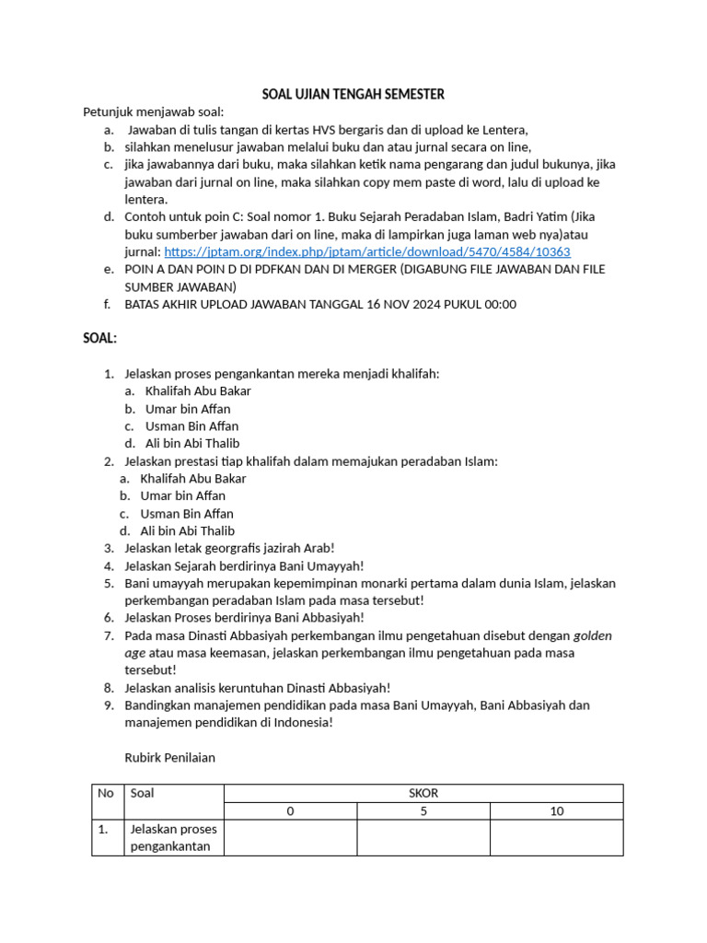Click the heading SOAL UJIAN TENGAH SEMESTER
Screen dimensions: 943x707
pos(353,94)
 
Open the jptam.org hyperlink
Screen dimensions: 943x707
pos(367,251)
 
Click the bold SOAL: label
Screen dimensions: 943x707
pos(99,338)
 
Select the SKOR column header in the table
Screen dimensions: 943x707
pos(423,793)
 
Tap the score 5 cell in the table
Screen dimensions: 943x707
pos(423,811)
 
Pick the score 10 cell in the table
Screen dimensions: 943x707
pos(556,811)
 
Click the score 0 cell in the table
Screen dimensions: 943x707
pos(291,811)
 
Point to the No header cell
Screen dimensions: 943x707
pos(107,793)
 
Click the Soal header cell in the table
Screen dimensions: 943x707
pos(143,793)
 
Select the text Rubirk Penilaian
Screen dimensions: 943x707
pos(169,757)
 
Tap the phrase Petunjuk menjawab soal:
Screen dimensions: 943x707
pos(147,111)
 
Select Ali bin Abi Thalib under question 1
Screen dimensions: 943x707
pos(192,443)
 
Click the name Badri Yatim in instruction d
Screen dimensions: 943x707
pos(531,216)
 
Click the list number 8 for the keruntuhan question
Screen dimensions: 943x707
pos(108,688)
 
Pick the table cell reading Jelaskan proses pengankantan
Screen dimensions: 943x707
pos(173,838)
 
